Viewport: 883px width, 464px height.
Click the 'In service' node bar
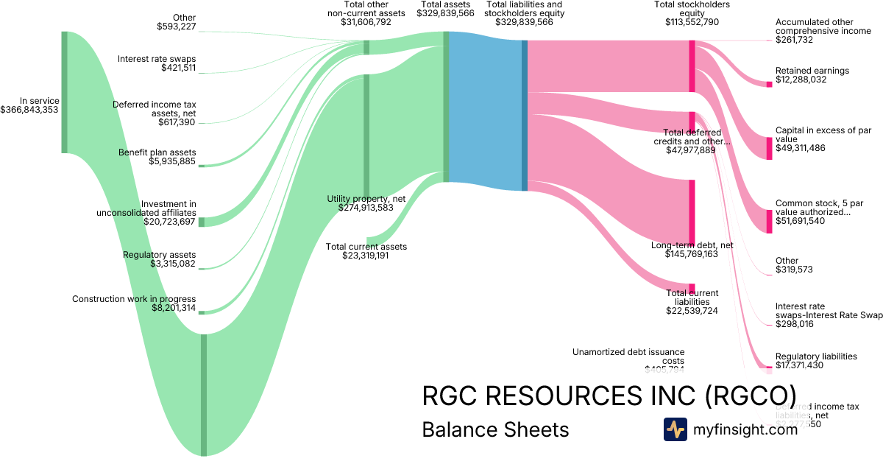pos(65,92)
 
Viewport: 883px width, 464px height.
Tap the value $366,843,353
pos(30,110)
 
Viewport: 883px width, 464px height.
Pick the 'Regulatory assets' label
pos(160,255)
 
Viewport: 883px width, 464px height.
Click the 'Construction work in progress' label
pos(134,299)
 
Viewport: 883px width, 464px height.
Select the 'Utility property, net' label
pos(366,199)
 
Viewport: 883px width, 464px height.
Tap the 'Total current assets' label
pos(366,247)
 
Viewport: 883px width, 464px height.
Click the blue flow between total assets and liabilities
pos(485,110)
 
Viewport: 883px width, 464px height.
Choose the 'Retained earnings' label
pos(812,71)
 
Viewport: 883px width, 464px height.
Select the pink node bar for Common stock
pos(770,221)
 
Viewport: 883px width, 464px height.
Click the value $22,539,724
pos(692,311)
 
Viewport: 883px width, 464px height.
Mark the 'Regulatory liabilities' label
pos(816,356)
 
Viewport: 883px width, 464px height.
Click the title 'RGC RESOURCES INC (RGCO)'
pos(609,396)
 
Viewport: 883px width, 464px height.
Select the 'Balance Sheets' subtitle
pos(495,430)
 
